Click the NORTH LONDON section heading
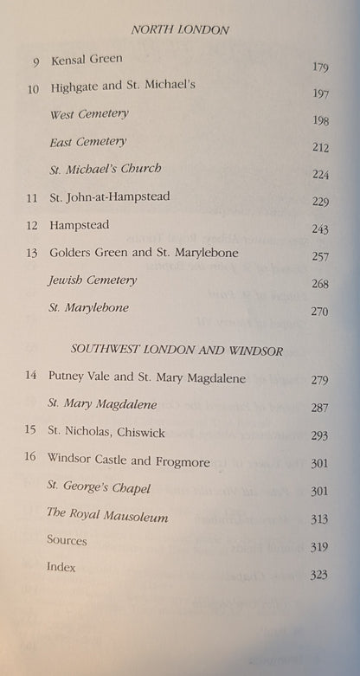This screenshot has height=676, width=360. tap(180, 29)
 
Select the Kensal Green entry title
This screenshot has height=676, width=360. tap(87, 60)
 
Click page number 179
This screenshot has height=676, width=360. tap(318, 66)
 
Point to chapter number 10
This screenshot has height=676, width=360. tap(34, 87)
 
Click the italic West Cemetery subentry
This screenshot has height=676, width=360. tap(88, 114)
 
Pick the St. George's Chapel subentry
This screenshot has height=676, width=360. tap(100, 488)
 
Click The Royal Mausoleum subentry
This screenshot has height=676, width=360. tap(108, 517)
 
